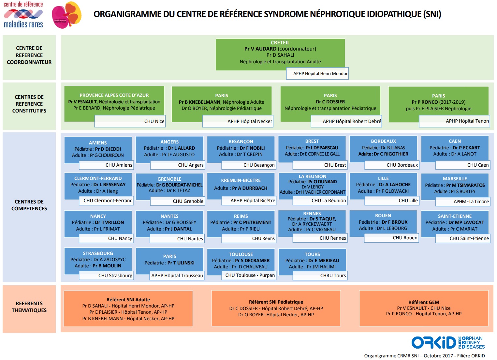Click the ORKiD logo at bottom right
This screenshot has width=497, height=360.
448,342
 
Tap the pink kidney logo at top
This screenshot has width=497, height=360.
66,15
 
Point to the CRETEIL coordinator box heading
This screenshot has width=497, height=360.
280,42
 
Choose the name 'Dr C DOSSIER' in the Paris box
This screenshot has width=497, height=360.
330,102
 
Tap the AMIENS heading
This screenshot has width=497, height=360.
98,143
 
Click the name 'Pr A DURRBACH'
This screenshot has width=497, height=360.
250,188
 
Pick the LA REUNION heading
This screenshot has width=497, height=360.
313,176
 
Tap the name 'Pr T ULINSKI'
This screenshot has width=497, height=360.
181,263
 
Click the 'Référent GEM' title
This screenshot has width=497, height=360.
424,302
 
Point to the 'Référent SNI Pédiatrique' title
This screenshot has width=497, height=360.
276,302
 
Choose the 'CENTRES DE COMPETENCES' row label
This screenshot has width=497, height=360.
29,205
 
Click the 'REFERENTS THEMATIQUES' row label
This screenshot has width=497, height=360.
29,307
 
